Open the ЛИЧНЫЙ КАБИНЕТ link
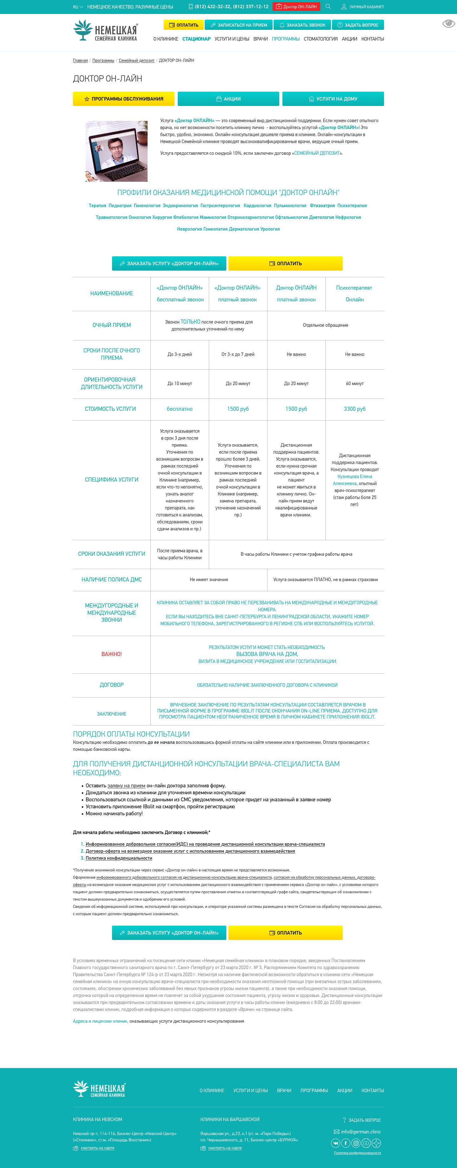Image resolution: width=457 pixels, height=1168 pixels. pos(363,7)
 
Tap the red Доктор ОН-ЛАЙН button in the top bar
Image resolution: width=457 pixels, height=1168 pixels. pos(296,7)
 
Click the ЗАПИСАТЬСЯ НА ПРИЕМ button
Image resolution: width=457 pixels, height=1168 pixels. pos(239,25)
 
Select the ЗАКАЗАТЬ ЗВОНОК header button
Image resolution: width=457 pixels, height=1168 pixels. pos(302,25)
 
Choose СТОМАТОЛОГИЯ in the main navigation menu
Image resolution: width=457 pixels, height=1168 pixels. pos(321,39)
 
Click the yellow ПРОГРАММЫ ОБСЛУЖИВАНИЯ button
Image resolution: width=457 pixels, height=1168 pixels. pos(124,99)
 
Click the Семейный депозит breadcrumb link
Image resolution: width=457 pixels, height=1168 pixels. pos(136,60)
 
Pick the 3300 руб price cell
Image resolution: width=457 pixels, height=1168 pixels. pos(354,409)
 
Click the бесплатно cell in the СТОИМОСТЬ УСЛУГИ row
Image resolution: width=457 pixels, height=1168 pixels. pos(180,409)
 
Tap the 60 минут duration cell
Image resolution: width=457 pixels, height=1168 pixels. pos(354,384)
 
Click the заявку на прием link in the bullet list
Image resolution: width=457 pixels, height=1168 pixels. pos(126,785)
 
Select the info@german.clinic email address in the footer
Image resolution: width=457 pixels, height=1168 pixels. pos(361,1132)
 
